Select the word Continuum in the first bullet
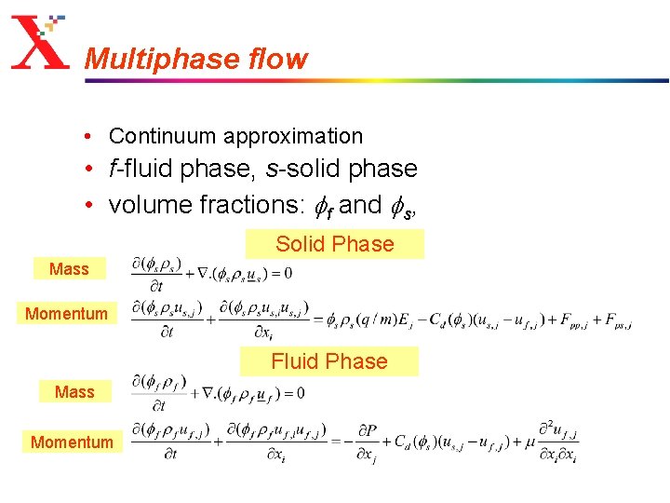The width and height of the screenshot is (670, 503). [x=154, y=136]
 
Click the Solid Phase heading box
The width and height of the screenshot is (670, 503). [x=334, y=244]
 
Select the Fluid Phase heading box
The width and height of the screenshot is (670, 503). [x=329, y=361]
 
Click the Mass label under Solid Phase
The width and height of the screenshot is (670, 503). [x=69, y=269]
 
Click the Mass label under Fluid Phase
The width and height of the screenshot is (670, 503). [x=74, y=392]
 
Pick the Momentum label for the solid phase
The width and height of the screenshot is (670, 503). [x=67, y=314]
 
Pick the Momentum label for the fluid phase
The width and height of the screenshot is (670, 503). [x=72, y=442]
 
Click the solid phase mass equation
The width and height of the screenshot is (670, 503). [x=212, y=271]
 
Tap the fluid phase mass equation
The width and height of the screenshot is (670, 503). [x=219, y=392]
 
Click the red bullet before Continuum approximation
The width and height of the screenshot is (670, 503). [x=86, y=136]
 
